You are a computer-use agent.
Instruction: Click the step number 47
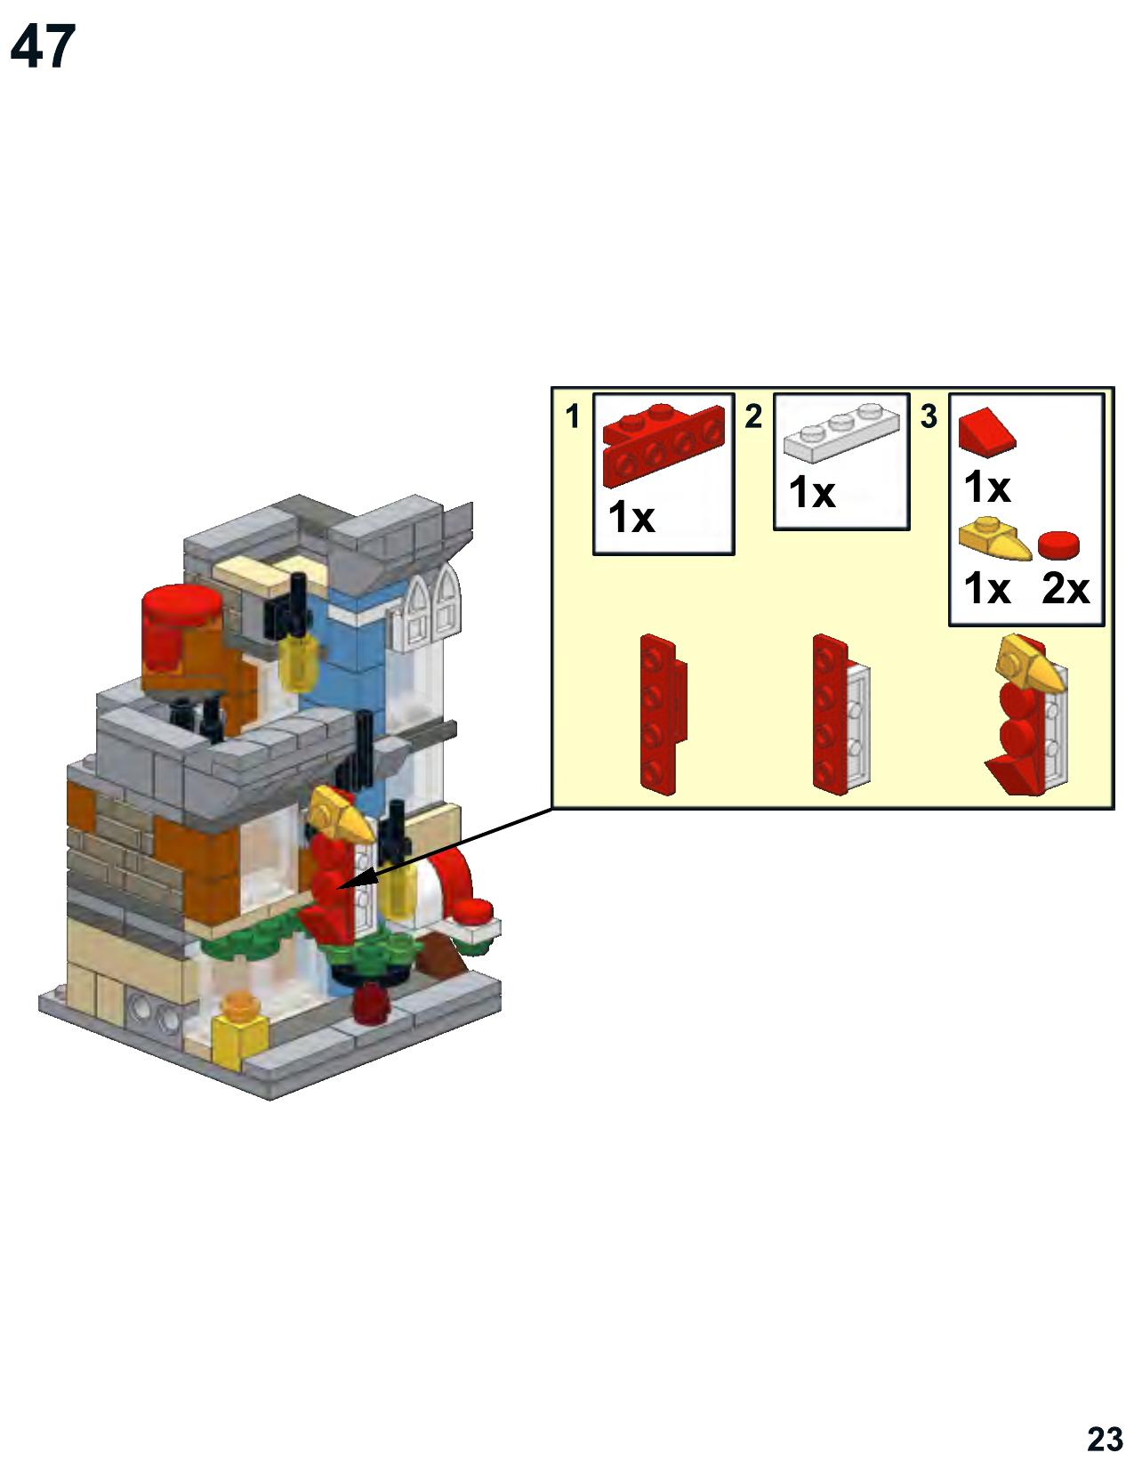tap(43, 46)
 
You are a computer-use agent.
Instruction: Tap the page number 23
tap(1105, 1440)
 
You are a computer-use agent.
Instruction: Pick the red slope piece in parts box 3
tap(986, 430)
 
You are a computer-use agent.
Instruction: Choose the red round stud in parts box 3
tap(1058, 545)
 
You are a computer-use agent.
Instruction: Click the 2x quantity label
tap(1065, 588)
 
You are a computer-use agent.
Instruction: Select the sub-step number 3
tap(929, 416)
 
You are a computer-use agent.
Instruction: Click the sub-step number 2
tap(753, 416)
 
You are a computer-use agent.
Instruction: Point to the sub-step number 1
tap(573, 416)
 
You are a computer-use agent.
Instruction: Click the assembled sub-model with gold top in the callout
tap(1026, 714)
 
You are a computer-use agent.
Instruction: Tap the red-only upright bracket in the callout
tap(663, 714)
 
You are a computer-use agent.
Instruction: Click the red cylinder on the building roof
tap(181, 631)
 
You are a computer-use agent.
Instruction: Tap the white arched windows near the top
tap(426, 609)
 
